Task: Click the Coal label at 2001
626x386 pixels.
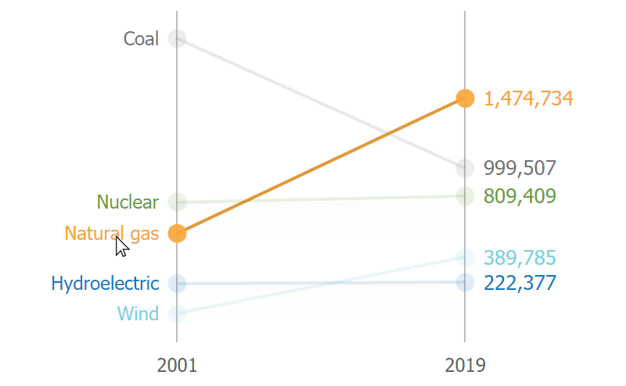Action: point(141,38)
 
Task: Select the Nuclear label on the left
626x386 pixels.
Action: point(128,202)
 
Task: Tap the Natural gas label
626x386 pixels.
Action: point(111,234)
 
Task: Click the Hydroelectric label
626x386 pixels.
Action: point(105,283)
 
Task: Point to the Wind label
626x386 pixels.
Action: point(138,314)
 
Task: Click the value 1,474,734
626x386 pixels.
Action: point(528,98)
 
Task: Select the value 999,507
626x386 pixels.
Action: point(520,168)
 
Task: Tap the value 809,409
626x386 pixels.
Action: point(520,195)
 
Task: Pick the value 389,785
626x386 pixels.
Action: point(520,257)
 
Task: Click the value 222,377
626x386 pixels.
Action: point(520,282)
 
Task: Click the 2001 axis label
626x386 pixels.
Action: point(177,365)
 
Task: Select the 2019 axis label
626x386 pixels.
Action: point(465,365)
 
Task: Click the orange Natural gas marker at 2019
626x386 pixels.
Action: point(466,98)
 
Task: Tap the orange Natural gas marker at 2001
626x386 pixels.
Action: point(177,234)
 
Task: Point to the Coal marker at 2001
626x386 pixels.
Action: point(177,38)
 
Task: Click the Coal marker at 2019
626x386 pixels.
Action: point(466,168)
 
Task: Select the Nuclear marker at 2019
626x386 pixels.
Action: point(466,195)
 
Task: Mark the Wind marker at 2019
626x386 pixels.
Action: point(466,257)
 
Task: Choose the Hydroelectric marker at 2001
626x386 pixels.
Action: point(177,283)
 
